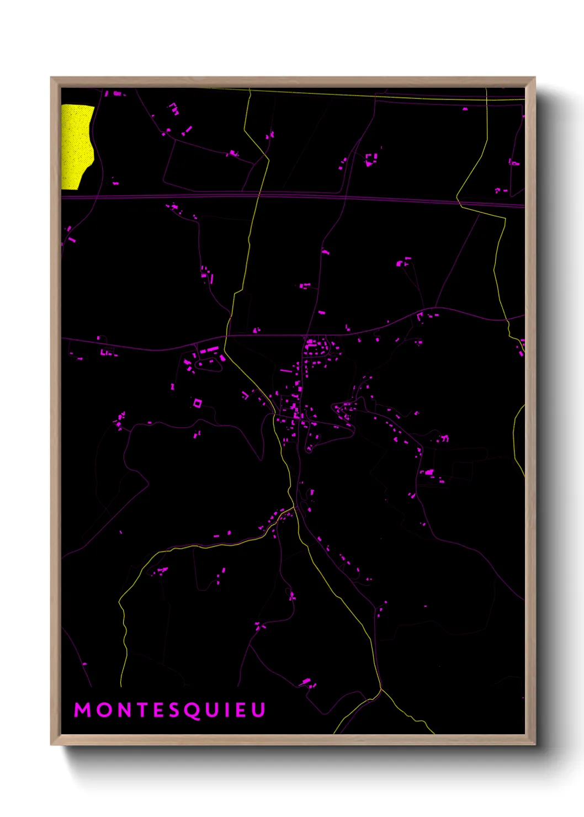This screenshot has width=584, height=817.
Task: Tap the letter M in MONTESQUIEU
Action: tap(83, 710)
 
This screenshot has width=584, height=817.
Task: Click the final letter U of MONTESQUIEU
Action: tap(258, 710)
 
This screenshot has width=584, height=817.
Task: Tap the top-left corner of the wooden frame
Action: tap(51, 78)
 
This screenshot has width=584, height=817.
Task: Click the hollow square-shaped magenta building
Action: tap(197, 403)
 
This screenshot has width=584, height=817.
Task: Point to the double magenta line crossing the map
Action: tap(166, 195)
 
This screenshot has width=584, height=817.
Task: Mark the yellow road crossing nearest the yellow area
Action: tap(258, 194)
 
